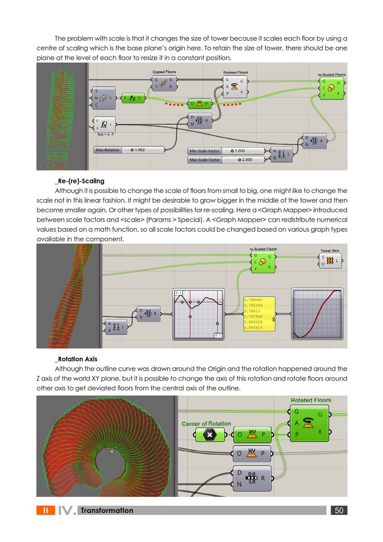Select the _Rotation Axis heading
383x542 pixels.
(76, 359)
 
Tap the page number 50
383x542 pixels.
(339, 510)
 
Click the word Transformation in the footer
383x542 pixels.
(107, 511)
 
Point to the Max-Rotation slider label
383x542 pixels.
(108, 150)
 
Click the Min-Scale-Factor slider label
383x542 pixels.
(204, 151)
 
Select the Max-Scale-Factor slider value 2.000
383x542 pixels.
(246, 160)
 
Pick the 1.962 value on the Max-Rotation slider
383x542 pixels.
(138, 150)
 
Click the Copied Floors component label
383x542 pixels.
(164, 72)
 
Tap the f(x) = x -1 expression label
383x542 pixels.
(105, 134)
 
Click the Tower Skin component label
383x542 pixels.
(330, 251)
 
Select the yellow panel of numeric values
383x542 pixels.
(259, 314)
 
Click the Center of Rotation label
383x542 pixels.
(206, 424)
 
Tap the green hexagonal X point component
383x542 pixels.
(210, 435)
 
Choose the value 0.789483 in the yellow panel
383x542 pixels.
(253, 300)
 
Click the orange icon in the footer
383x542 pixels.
(46, 510)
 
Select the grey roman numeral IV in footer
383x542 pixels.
(66, 511)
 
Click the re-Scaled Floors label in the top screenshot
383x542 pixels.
(332, 75)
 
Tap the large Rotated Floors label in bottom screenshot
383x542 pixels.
(311, 400)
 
